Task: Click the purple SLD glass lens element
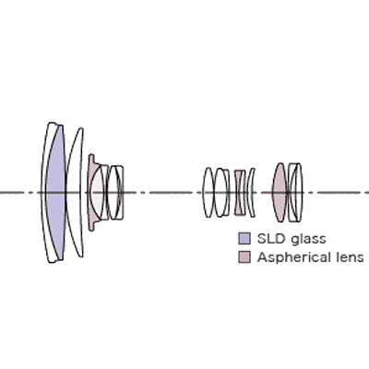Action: coord(55,193)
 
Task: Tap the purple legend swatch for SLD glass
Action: coord(244,239)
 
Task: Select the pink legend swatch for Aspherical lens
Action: coord(244,257)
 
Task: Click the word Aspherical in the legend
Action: coord(292,257)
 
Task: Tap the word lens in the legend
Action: coord(349,257)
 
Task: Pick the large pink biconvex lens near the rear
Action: coord(280,193)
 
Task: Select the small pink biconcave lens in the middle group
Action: coord(239,193)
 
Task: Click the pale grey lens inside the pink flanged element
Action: coord(98,193)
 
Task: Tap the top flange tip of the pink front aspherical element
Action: coord(91,155)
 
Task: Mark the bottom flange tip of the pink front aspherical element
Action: coord(91,230)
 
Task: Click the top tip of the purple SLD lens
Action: coord(61,125)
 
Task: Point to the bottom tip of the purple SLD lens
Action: coord(61,259)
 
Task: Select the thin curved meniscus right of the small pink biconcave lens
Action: coord(252,193)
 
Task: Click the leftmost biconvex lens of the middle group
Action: coord(208,193)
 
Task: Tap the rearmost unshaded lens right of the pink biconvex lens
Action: coord(295,193)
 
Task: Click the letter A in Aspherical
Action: coord(262,256)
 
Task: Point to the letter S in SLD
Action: coord(262,239)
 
